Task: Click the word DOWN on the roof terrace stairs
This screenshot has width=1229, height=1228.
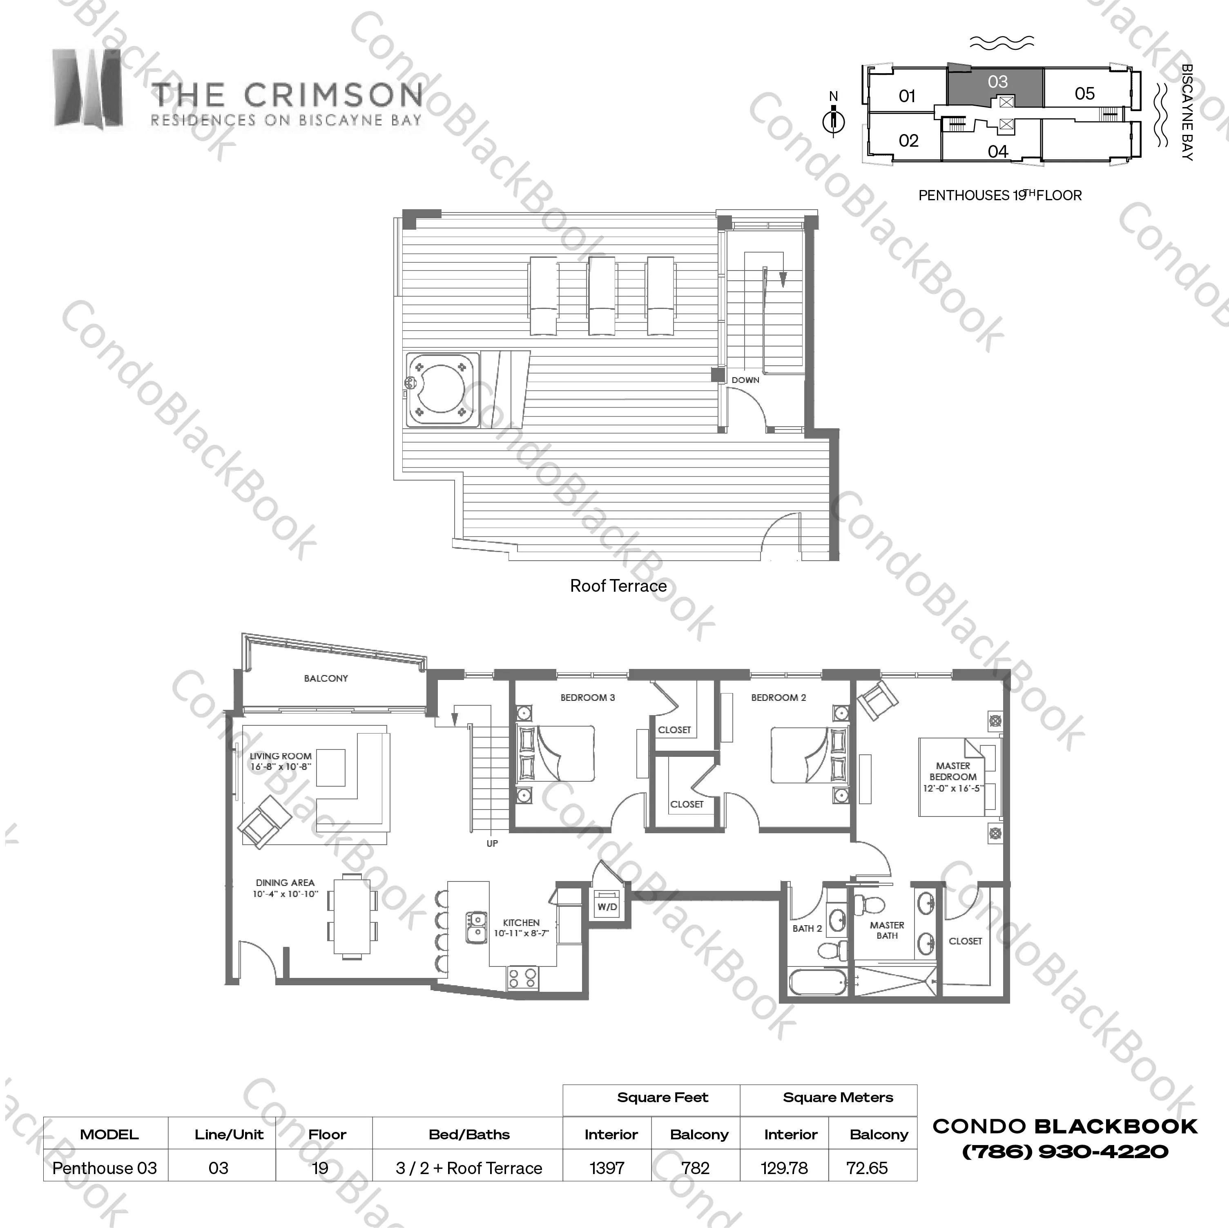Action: coord(745,380)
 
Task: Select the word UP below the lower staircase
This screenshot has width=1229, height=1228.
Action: coord(492,843)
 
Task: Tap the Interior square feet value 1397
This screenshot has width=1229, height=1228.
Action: coord(607,1168)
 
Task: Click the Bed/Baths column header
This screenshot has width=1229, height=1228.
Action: coord(469,1134)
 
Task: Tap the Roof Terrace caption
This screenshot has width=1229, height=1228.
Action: coord(618,586)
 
